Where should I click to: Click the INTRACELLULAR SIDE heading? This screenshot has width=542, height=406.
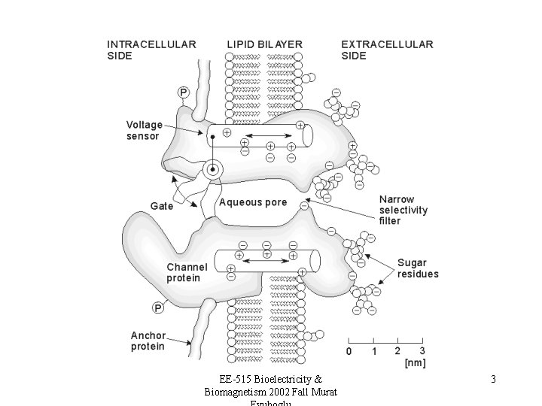pos(151,50)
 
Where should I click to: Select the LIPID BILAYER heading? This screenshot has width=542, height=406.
pos(264,44)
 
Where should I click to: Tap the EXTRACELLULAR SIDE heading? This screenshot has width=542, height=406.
pos(387,50)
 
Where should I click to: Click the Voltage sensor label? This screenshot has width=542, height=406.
pos(144,130)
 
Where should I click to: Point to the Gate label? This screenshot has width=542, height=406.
pos(161,205)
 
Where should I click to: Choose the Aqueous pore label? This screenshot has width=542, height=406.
pos(253,202)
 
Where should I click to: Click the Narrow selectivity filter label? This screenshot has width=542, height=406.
pos(403,211)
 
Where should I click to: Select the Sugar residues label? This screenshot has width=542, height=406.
pos(417,268)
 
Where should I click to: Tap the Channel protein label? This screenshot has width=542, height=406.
pos(187,272)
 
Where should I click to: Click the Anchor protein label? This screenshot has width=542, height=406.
pos(148,341)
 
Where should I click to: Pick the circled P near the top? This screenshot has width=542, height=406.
pos(184,92)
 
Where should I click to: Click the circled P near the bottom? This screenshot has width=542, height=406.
pos(159,307)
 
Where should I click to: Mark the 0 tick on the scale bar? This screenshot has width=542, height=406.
pos(349,351)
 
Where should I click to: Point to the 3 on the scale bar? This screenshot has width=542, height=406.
pos(422,351)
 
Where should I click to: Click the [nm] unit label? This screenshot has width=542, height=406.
pos(415,363)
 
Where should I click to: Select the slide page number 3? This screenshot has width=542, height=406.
pos(493,380)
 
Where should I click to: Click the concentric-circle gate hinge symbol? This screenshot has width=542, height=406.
pos(214,170)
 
